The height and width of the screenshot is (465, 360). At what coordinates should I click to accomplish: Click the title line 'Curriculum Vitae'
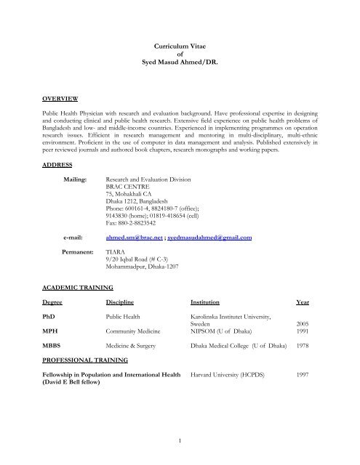(180, 46)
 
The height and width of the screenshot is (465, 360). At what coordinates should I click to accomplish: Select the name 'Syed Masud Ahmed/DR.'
(180, 64)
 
